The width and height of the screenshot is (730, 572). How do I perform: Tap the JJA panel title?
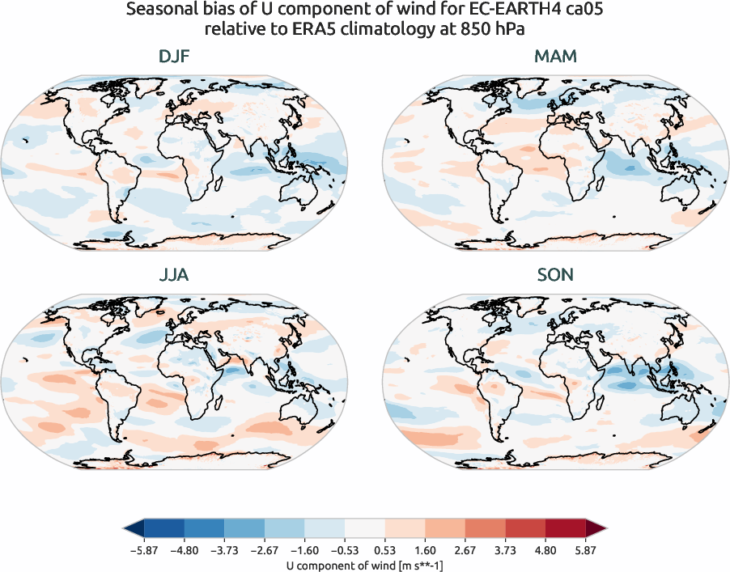174,275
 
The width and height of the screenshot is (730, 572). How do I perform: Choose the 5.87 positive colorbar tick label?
585,549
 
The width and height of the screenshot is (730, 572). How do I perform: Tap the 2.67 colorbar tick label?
465,549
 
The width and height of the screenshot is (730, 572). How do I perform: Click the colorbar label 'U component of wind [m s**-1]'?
365,565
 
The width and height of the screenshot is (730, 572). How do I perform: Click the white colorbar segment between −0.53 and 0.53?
364,529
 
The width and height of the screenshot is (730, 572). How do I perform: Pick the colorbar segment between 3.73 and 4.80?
525,529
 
